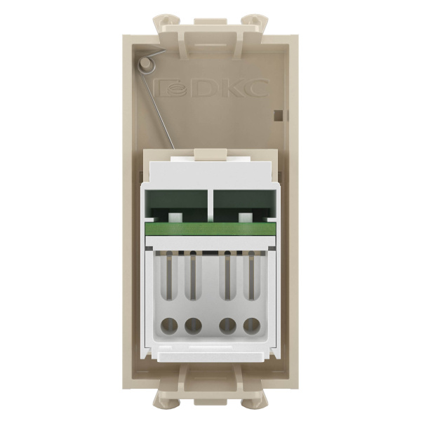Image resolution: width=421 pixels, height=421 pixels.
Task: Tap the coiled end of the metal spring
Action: (x=145, y=65)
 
